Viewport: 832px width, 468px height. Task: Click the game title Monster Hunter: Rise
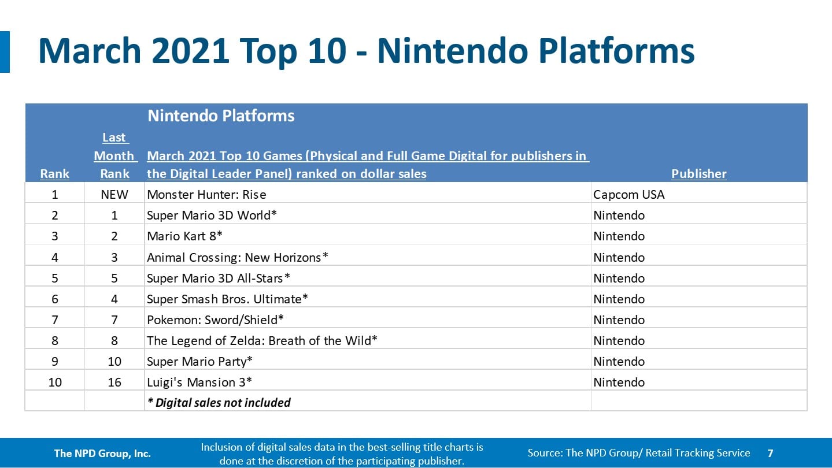(206, 195)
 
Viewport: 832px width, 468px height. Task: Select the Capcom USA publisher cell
(628, 195)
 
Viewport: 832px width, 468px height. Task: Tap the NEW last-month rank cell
(114, 195)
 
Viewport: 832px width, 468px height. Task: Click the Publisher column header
(698, 174)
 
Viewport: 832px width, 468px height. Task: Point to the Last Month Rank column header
(114, 155)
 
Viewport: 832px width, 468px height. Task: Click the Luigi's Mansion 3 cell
(199, 382)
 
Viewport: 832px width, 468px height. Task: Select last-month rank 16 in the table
(114, 382)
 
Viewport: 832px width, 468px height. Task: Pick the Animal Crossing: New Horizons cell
(237, 257)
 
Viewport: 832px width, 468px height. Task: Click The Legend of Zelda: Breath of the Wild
(262, 340)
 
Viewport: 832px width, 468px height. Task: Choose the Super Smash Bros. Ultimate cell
(227, 299)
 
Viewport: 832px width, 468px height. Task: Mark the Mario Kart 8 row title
(185, 236)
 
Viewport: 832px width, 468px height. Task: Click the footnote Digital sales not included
(219, 403)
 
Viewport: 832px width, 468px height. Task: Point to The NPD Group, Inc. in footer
(102, 454)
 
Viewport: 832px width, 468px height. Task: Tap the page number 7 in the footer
(770, 454)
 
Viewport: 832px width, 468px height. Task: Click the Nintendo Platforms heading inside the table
(221, 116)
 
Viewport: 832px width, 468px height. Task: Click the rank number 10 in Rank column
(55, 382)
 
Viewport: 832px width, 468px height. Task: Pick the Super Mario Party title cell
(200, 361)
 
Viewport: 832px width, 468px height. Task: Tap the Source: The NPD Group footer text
(638, 453)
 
